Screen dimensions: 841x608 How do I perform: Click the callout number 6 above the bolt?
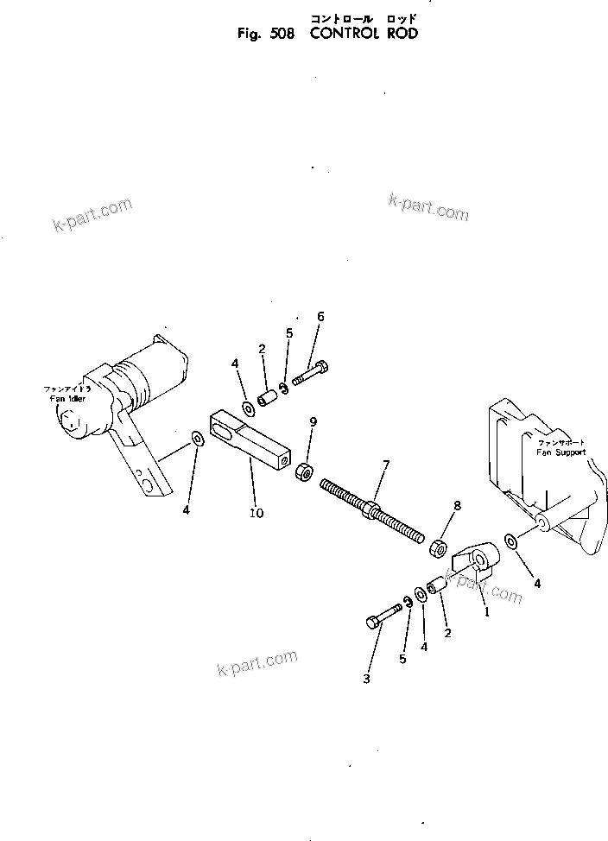click(x=320, y=317)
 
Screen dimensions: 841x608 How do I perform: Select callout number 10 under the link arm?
click(x=257, y=513)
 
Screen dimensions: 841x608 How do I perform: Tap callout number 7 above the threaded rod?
click(x=385, y=466)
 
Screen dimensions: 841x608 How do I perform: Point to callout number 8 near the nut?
click(x=457, y=505)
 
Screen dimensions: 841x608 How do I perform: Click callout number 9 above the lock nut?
click(x=313, y=421)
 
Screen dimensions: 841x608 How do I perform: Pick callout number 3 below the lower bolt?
click(x=366, y=680)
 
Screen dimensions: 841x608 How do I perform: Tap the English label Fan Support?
click(x=560, y=452)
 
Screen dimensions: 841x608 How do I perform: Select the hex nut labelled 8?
click(x=439, y=547)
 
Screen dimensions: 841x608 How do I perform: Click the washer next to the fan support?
click(x=510, y=541)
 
